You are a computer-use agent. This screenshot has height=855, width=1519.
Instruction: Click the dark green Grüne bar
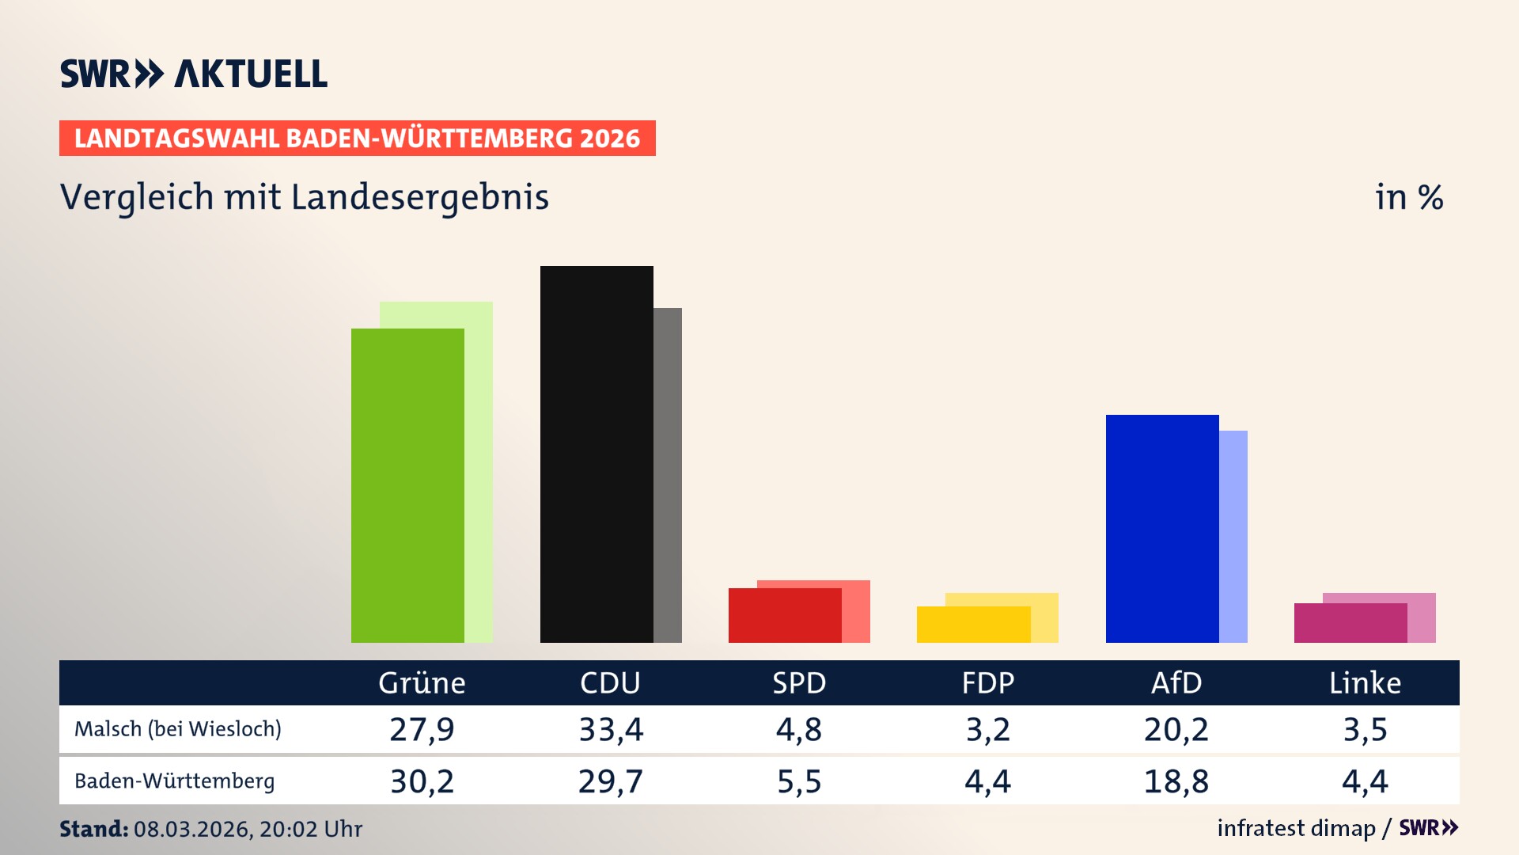point(407,484)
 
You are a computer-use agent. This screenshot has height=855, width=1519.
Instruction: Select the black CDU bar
point(597,454)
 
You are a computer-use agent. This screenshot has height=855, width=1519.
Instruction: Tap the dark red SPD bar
point(785,615)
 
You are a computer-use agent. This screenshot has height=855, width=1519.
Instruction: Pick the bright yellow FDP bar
point(973,625)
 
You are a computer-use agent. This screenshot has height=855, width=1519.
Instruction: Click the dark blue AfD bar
point(1162,528)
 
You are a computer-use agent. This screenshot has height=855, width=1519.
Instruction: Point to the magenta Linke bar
point(1350,623)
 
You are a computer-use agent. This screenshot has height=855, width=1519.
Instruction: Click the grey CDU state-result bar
point(668,475)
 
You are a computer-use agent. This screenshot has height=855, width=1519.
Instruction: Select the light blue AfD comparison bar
point(1233,536)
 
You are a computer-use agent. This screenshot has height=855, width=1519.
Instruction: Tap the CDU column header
point(610,682)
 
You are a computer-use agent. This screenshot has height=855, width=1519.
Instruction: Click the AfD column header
point(1176,682)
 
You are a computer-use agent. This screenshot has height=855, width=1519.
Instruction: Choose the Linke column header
point(1365,682)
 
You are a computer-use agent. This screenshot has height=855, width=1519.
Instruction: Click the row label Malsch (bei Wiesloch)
point(178,729)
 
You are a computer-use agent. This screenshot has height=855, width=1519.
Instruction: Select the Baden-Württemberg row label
point(175,781)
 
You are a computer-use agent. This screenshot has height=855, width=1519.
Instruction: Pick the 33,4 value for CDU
point(611,729)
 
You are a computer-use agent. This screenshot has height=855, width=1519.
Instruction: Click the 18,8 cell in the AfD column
point(1176,781)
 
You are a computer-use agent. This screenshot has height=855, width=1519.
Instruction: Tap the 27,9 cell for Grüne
point(422,729)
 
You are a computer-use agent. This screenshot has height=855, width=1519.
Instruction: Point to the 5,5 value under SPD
point(799,781)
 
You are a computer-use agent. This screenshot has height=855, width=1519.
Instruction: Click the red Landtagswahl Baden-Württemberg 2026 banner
point(357,139)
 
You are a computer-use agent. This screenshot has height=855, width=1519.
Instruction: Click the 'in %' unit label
point(1409,197)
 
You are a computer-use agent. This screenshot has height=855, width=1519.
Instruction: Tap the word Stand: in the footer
point(93,829)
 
